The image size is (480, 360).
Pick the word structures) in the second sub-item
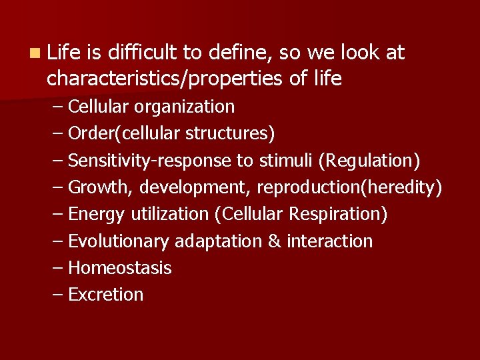tap(230, 133)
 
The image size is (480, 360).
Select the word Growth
tap(101, 187)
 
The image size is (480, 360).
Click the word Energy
tap(97, 214)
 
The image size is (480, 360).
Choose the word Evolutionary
tap(119, 241)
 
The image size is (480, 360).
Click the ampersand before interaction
tap(274, 241)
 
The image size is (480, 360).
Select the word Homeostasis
tap(120, 268)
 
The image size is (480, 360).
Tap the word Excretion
tap(106, 295)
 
